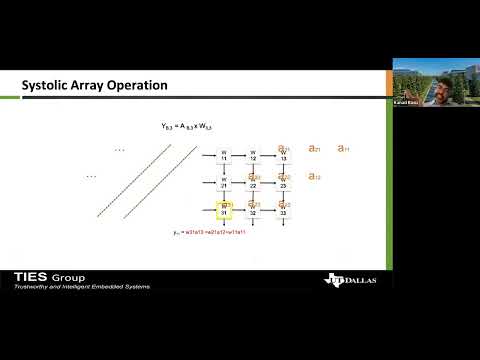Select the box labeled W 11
click(x=224, y=156)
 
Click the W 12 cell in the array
click(x=254, y=156)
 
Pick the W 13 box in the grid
click(x=284, y=156)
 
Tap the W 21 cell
click(x=224, y=182)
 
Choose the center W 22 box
click(x=254, y=182)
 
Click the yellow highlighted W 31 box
click(x=224, y=209)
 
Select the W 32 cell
click(x=254, y=209)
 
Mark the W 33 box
click(x=284, y=209)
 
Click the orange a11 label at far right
click(x=343, y=148)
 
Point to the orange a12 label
click(x=314, y=176)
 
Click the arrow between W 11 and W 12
click(x=239, y=156)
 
